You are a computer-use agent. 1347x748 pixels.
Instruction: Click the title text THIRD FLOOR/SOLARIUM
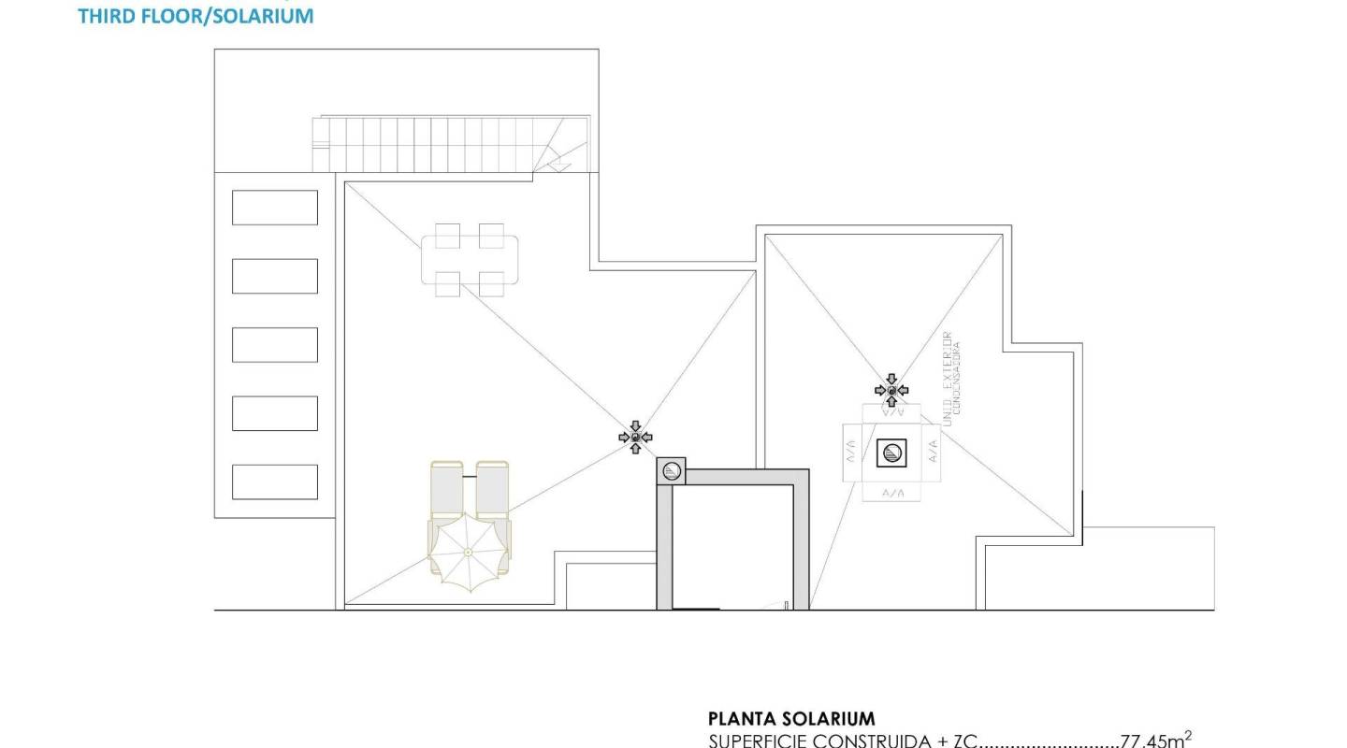196,16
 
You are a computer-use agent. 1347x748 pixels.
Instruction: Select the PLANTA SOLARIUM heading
791,719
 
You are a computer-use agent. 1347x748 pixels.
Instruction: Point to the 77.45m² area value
1155,741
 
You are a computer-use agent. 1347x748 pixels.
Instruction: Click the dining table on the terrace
470,259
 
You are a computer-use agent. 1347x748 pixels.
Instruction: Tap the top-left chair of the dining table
447,235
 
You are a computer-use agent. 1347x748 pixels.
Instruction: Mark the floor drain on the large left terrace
635,437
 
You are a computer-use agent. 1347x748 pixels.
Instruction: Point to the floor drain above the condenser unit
891,389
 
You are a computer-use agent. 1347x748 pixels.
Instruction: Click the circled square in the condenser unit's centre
891,453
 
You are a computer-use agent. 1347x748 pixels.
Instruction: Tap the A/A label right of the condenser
933,453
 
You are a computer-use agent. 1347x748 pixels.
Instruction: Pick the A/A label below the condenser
891,492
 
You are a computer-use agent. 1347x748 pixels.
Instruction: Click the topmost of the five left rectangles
274,208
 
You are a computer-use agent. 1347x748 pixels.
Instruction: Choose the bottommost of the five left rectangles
274,482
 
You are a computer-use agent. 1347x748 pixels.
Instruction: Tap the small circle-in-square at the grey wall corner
671,471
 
